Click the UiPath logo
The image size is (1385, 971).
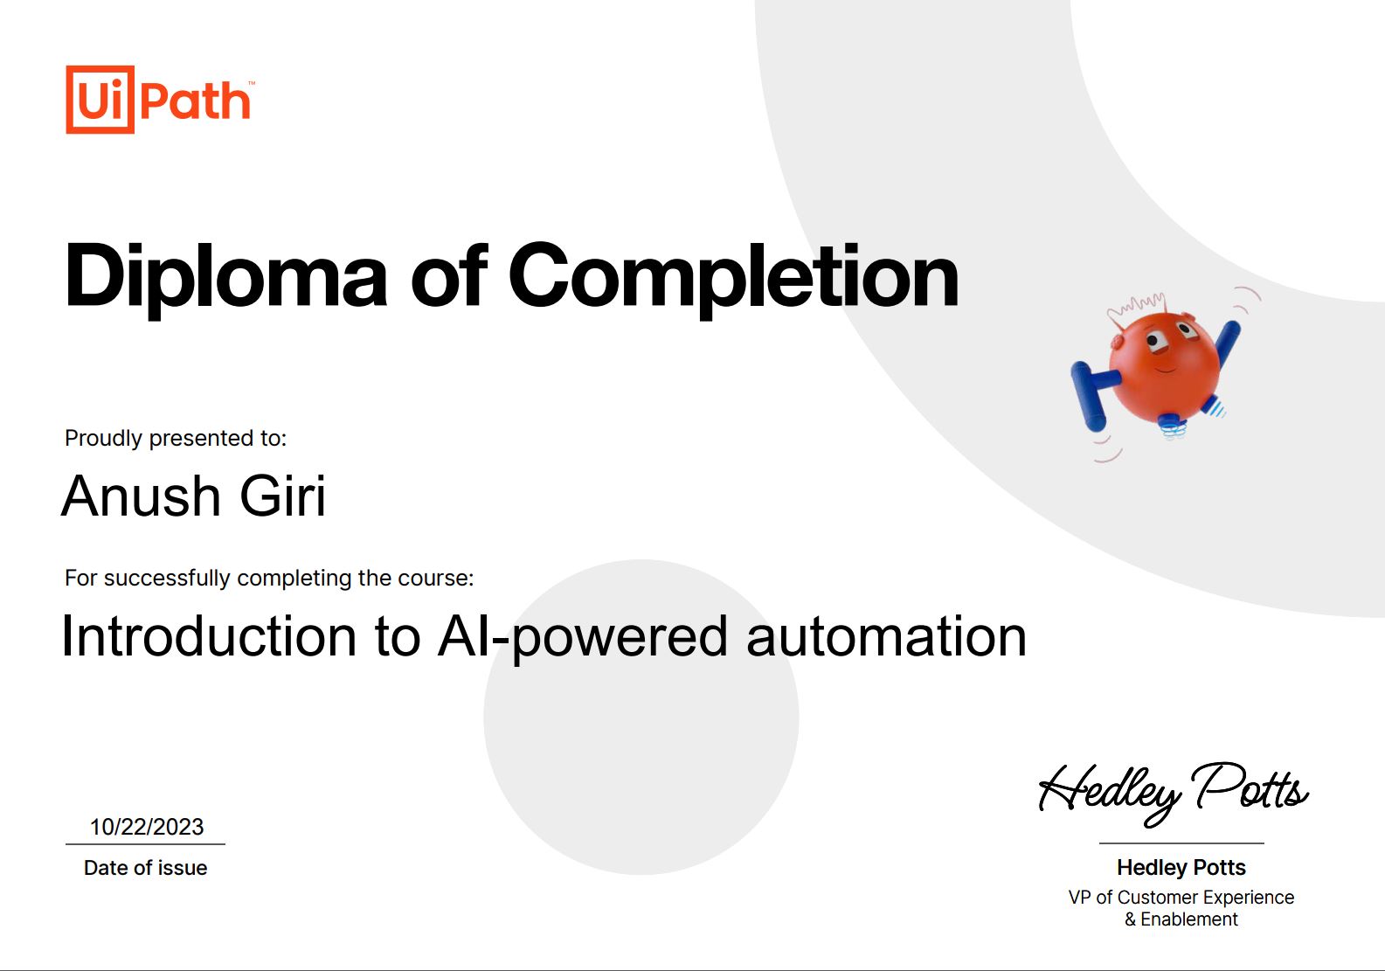[x=160, y=100]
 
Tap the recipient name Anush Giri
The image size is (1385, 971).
[x=193, y=496]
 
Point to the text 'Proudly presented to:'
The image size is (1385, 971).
[x=176, y=438]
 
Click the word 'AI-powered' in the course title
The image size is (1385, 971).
[x=583, y=637]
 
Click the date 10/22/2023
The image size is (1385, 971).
[x=147, y=827]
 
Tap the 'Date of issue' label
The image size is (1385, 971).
[x=145, y=868]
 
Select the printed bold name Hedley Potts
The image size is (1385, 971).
[x=1181, y=868]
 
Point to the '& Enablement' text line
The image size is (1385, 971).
[x=1181, y=919]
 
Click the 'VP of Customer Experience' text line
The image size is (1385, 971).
[x=1181, y=898]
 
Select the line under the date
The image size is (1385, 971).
[x=145, y=843]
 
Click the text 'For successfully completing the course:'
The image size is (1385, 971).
[x=269, y=578]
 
